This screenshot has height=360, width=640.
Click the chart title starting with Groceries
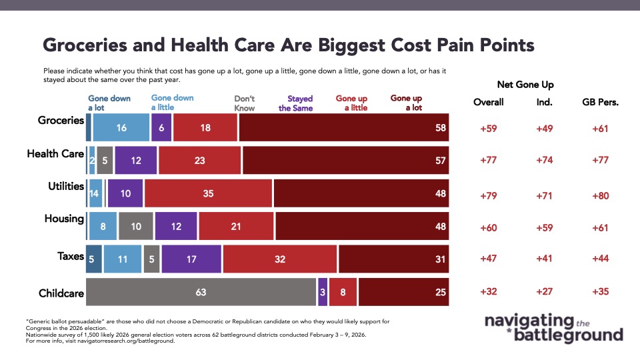click(x=288, y=45)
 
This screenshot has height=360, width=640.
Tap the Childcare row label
click(x=62, y=292)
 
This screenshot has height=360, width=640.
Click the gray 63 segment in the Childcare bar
click(x=201, y=292)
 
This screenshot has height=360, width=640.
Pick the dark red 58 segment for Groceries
click(x=343, y=127)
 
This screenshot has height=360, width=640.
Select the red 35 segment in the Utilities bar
click(x=208, y=193)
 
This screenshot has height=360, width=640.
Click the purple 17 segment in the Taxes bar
click(x=191, y=259)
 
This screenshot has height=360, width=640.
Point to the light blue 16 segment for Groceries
click(x=121, y=127)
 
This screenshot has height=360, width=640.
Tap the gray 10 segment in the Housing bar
click(x=136, y=226)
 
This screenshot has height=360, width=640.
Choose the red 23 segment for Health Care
click(x=200, y=160)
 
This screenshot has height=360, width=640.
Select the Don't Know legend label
click(x=245, y=103)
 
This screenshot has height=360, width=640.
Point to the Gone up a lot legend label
click(x=406, y=103)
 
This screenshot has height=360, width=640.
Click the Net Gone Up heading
click(x=525, y=85)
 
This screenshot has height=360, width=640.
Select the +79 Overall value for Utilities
click(x=489, y=196)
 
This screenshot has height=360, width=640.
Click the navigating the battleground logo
click(x=553, y=328)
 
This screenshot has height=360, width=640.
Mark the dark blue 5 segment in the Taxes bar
click(x=94, y=259)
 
